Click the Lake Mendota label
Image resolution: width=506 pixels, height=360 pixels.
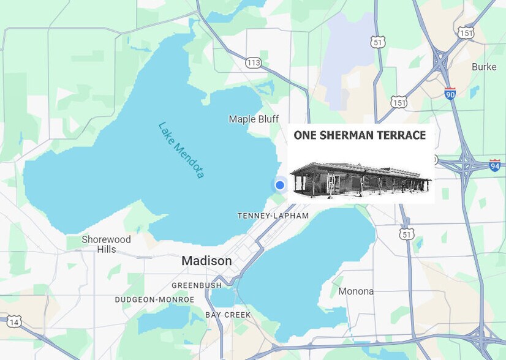(x=181, y=150)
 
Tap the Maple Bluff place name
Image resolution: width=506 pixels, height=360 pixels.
(x=254, y=119)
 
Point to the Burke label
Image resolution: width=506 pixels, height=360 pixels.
(x=484, y=67)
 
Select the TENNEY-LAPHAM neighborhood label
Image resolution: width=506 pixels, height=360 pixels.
(x=273, y=216)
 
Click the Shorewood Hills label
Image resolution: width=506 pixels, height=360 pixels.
(x=106, y=244)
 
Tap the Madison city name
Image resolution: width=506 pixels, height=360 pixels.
(x=206, y=261)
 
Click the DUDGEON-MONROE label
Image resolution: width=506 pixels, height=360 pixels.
(x=154, y=299)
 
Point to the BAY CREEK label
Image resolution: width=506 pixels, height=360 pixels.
(x=228, y=315)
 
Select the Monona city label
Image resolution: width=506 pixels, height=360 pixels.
(x=356, y=291)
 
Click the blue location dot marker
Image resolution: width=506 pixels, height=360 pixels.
(x=280, y=185)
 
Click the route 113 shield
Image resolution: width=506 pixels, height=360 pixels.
(x=254, y=62)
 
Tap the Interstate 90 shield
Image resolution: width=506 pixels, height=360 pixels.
(x=450, y=94)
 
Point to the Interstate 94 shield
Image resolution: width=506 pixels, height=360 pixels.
(x=495, y=165)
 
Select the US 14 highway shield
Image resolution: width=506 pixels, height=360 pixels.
(x=13, y=321)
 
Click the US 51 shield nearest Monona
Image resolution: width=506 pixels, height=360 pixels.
(x=407, y=233)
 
